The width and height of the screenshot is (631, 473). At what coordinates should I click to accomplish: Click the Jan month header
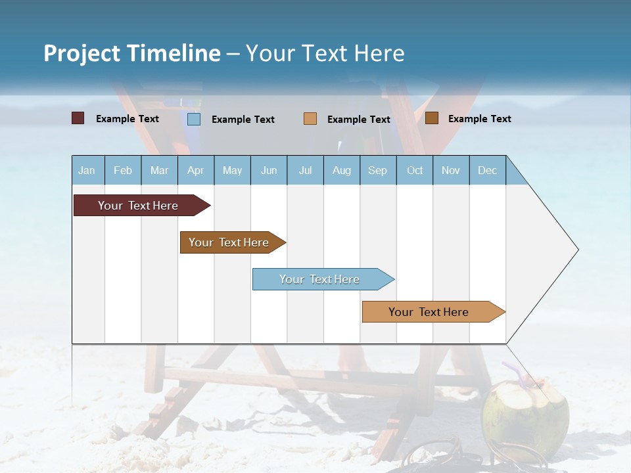pos(87,170)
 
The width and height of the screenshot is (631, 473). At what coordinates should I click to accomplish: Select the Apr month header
pos(195,170)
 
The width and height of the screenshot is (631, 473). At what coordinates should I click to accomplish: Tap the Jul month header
pos(305,170)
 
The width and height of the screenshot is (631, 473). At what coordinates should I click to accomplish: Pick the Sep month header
pos(377,170)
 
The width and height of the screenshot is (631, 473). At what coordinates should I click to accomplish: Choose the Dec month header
pos(487,170)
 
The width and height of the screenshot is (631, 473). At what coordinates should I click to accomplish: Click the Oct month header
pos(414,170)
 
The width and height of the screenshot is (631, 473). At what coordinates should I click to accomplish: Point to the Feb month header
pos(123,170)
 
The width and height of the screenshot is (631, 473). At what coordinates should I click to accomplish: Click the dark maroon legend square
pos(78,118)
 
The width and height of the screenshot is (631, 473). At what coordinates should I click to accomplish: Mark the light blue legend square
pos(194,119)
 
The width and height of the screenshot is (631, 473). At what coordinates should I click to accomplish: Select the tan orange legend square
pos(310,119)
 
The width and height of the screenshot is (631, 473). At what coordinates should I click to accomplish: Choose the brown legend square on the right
pos(431,118)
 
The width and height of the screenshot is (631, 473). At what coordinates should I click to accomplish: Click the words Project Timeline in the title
pos(131,53)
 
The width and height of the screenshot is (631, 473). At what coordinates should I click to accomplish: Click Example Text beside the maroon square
pos(128,119)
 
